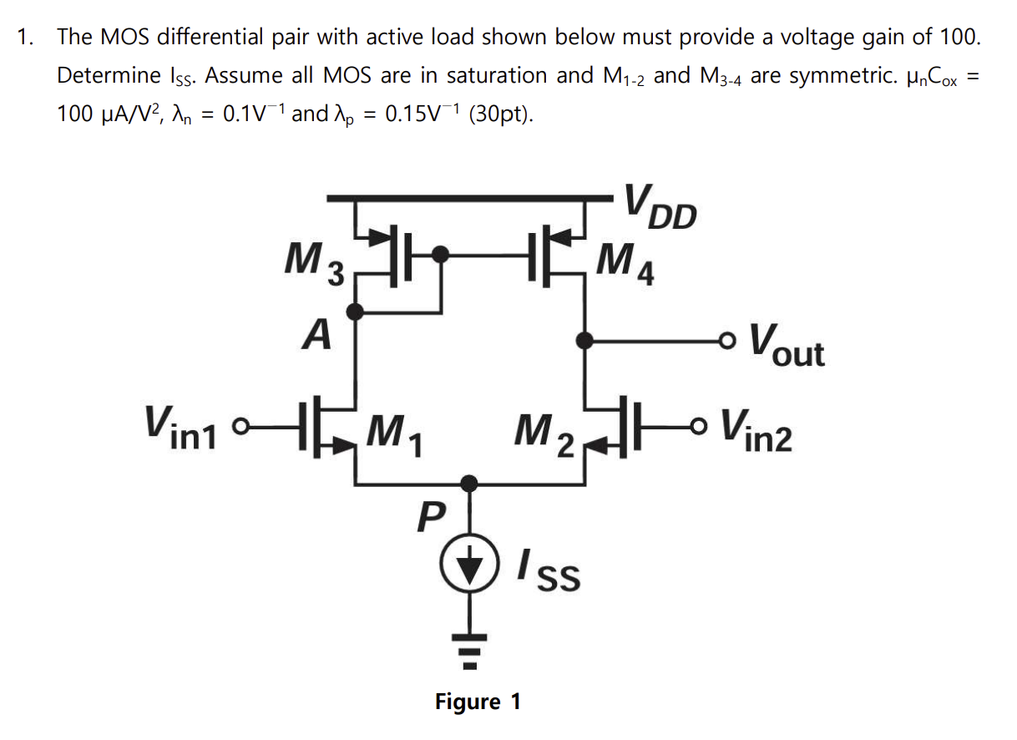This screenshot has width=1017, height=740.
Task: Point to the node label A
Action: click(316, 336)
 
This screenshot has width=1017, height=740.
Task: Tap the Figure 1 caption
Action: click(478, 701)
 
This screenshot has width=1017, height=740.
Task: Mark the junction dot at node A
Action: click(357, 312)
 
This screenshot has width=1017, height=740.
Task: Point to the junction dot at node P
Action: click(471, 483)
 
